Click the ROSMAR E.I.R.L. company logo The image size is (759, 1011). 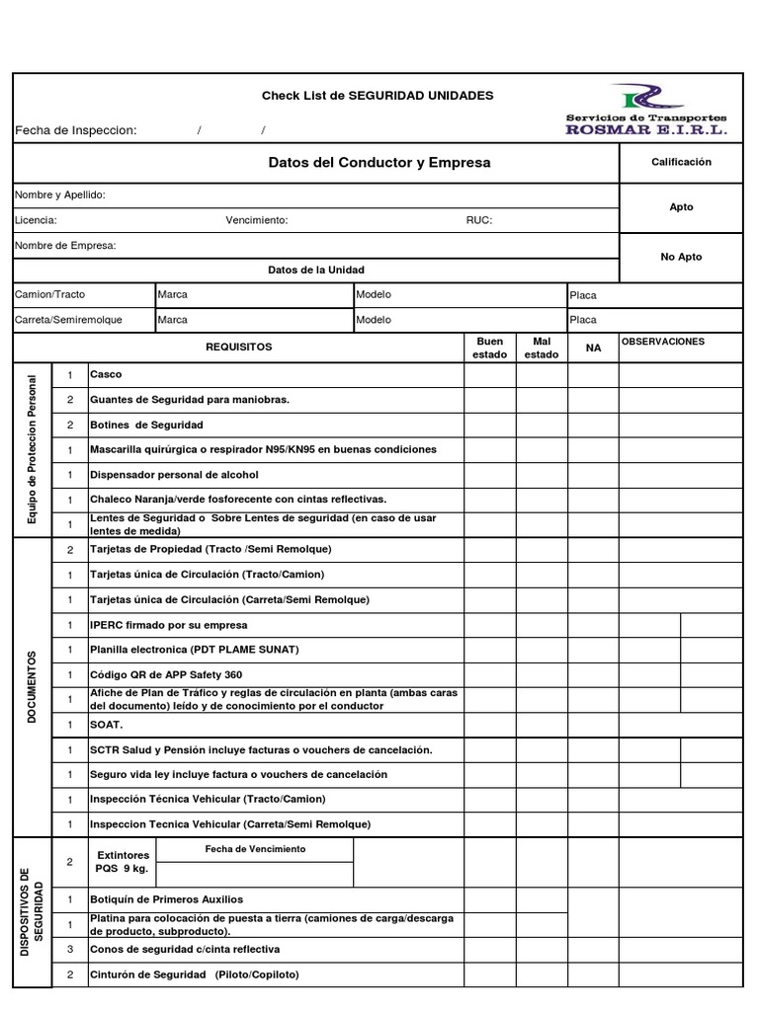[646, 110]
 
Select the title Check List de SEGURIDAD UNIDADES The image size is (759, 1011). [377, 96]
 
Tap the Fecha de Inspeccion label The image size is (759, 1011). [75, 131]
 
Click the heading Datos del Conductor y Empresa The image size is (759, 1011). [379, 162]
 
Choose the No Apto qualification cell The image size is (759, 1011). [681, 257]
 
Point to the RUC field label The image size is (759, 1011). [478, 220]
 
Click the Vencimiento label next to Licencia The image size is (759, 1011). [257, 220]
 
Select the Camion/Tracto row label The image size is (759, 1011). [50, 294]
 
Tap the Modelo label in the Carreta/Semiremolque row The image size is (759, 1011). [374, 320]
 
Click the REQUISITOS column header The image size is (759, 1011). [238, 348]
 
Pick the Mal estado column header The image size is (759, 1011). [541, 348]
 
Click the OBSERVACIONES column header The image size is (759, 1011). [662, 342]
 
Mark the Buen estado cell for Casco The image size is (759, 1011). [490, 375]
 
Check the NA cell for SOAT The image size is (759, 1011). [593, 725]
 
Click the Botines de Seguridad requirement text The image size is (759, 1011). [146, 425]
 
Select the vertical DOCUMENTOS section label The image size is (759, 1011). [32, 687]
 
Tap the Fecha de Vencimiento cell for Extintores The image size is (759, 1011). [255, 849]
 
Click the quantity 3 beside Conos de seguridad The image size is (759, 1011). [69, 950]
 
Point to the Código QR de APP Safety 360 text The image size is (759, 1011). [166, 674]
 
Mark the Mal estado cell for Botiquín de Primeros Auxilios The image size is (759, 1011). [541, 899]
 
